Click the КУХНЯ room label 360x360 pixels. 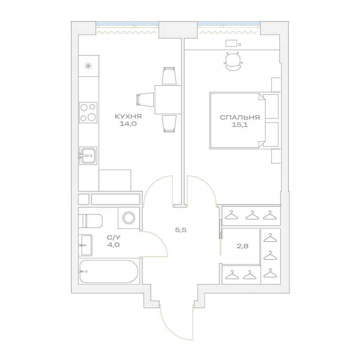[128, 116]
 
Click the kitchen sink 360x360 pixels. [88, 156]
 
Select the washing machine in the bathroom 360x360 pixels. [129, 218]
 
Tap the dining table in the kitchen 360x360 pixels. [168, 100]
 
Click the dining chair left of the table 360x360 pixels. [145, 99]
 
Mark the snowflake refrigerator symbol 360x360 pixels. [87, 66]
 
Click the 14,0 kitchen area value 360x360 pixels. [128, 124]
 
